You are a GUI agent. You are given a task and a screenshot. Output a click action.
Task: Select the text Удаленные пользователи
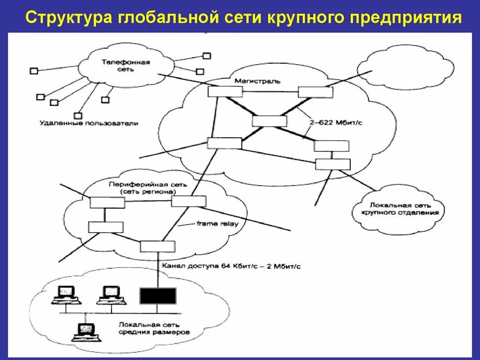click(89, 124)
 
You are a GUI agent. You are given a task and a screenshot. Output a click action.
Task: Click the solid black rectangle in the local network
click(157, 296)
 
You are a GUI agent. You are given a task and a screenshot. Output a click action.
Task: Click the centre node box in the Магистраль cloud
click(269, 121)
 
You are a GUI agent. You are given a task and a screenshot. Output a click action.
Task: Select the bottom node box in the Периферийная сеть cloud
click(157, 246)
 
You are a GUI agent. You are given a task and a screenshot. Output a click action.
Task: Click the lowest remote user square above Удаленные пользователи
click(78, 115)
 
